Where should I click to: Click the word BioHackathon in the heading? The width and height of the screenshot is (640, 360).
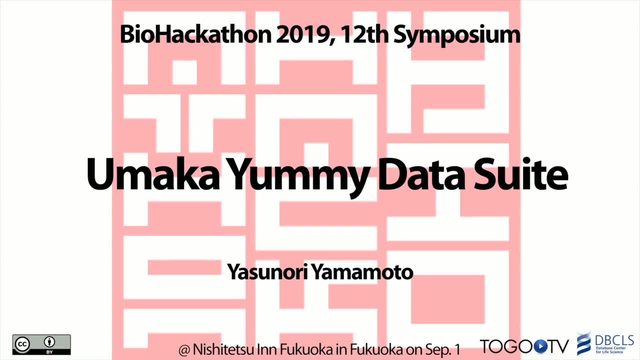(195, 34)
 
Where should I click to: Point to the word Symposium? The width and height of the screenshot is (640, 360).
(457, 36)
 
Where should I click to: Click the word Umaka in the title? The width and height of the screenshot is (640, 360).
(153, 174)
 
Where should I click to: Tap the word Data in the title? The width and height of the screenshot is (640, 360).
(421, 174)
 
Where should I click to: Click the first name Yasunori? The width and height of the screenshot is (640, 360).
(267, 272)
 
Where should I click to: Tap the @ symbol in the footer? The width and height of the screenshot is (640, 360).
(184, 350)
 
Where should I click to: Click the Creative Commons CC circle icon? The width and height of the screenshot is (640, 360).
(22, 344)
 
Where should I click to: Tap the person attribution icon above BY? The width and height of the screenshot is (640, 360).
(49, 342)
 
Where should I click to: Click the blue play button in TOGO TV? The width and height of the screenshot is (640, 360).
(540, 347)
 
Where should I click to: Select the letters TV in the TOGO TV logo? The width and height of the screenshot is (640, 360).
(558, 346)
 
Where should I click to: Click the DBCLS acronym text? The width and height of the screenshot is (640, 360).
(614, 340)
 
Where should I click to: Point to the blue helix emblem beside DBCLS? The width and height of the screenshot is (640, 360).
(584, 344)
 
